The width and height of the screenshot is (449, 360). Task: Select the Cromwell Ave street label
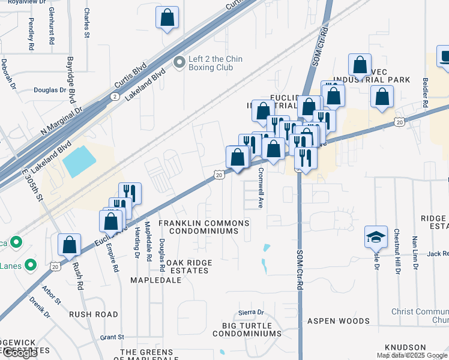click(261, 187)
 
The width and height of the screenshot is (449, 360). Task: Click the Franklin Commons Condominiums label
click(203, 227)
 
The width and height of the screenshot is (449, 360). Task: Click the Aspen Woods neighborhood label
click(338, 321)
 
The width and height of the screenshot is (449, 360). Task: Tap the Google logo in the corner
click(19, 353)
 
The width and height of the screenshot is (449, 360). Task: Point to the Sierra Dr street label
click(252, 313)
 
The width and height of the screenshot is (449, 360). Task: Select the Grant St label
click(112, 337)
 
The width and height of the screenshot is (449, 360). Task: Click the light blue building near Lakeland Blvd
click(78, 161)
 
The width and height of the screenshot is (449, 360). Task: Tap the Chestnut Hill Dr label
click(397, 251)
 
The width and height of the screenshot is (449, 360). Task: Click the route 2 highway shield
click(115, 96)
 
